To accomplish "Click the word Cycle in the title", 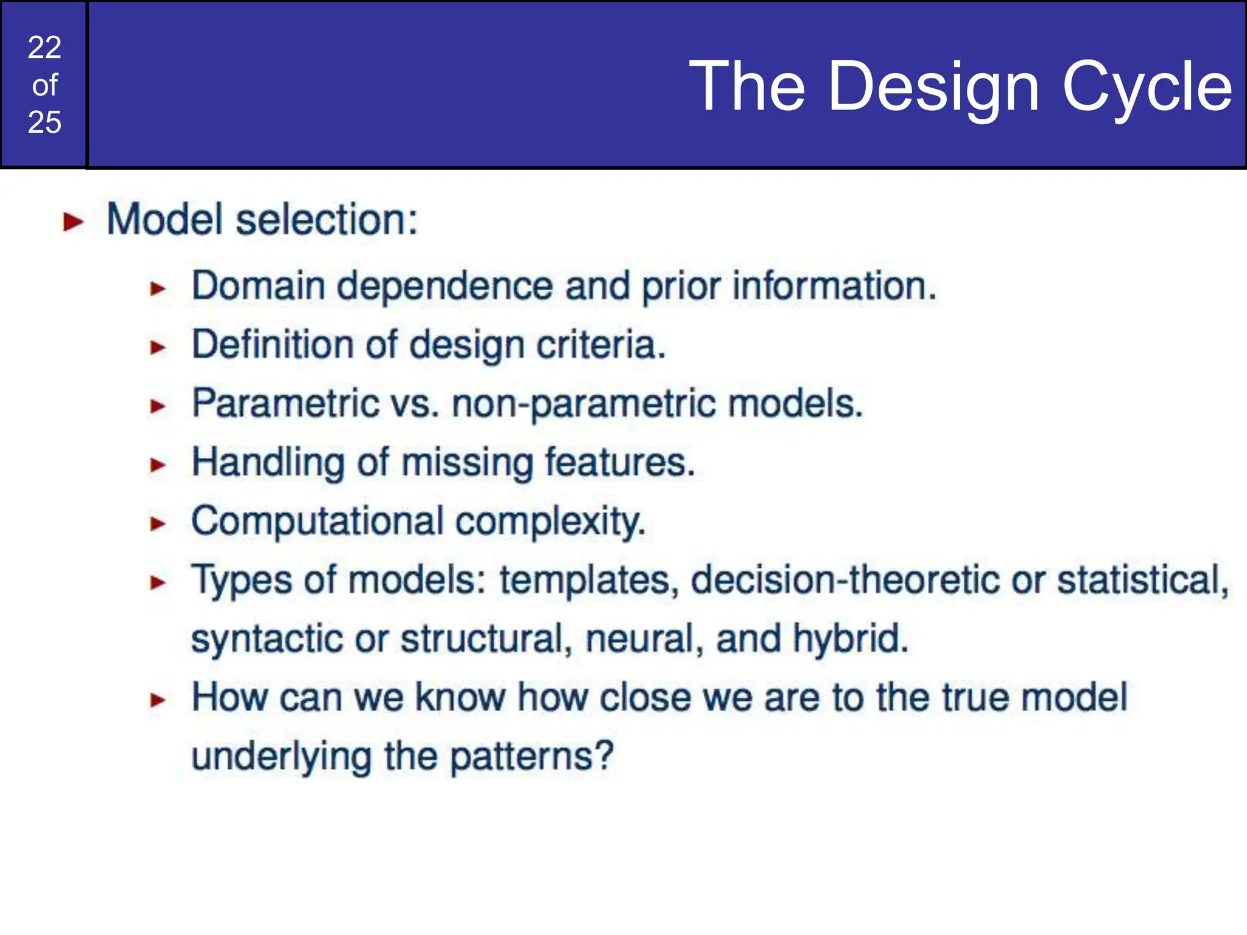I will pos(1147,87).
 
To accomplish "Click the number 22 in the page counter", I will pos(44,47).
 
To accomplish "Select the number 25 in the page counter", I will pos(44,122).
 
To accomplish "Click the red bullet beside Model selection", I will pos(73,222).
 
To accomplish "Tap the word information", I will pos(834,285).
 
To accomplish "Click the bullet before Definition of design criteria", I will pos(158,347).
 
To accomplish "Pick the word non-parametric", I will pos(584,404).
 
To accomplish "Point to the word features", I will pos(619,462).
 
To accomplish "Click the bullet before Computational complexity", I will pos(158,524).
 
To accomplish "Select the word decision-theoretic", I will pos(845,580).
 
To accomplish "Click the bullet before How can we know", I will pos(158,700).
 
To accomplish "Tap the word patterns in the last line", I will pos(530,757).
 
